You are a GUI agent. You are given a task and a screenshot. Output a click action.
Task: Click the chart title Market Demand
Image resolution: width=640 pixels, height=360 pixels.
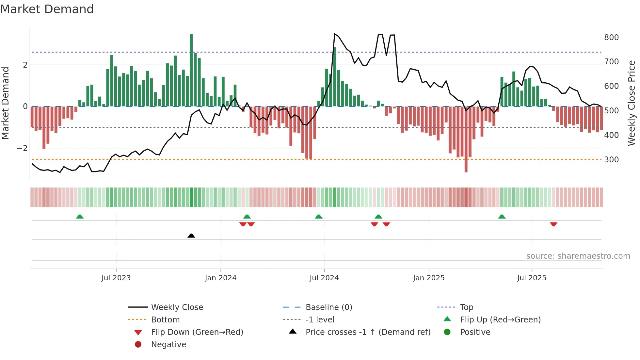(47, 9)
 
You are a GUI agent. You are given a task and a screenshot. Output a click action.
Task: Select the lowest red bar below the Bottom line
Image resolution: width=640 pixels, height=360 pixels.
(466, 165)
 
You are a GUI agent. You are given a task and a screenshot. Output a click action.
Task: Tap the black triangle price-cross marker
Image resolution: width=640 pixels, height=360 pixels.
(191, 236)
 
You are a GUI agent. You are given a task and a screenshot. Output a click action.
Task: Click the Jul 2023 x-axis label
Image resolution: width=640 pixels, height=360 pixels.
(116, 278)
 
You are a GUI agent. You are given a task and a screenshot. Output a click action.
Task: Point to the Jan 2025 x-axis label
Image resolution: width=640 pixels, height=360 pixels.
(428, 278)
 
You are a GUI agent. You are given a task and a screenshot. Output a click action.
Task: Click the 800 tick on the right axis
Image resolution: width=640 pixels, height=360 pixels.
(611, 38)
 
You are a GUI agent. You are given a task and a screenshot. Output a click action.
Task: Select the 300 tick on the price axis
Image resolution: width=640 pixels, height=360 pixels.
(611, 160)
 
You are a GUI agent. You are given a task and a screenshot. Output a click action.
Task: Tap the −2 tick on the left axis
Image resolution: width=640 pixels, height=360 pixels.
(23, 148)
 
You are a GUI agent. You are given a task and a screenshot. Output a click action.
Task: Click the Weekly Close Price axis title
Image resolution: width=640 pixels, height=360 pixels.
(632, 103)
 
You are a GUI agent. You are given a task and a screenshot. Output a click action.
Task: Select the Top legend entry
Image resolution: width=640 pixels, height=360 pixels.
(467, 307)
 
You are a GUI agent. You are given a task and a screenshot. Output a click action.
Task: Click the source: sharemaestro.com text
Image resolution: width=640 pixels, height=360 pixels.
(578, 256)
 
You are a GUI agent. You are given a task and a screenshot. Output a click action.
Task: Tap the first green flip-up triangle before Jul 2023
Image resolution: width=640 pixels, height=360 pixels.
(80, 217)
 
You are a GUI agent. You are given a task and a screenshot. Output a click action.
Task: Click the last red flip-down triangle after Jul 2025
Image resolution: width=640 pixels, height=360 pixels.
(553, 224)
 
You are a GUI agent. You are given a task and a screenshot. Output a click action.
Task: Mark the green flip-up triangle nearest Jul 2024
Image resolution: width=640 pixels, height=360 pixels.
(319, 217)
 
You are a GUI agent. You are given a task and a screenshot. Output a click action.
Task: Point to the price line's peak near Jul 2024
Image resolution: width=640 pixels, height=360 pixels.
(335, 34)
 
